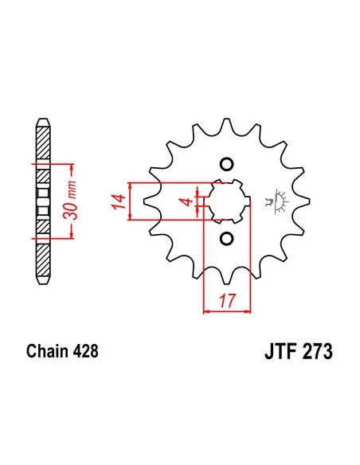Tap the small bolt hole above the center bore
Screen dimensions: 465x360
tap(226, 165)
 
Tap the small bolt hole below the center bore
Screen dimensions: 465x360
tap(226, 238)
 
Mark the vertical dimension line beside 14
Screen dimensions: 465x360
tap(130, 201)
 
